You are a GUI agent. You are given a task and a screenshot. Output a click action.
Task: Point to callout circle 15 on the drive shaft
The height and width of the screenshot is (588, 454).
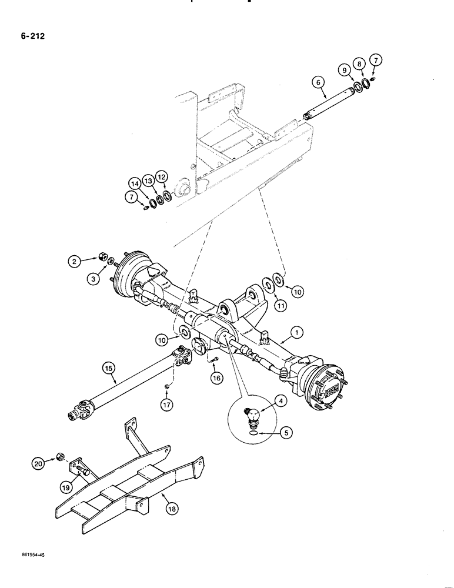[108, 369]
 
